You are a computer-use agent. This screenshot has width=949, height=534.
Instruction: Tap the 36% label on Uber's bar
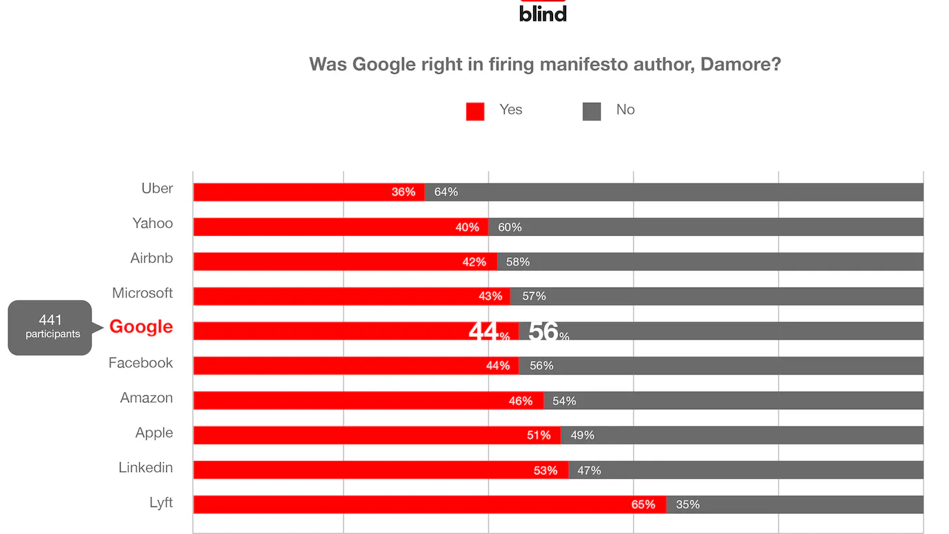(x=403, y=192)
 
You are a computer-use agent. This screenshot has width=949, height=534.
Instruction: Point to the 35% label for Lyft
(x=688, y=504)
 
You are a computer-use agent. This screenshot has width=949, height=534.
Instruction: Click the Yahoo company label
(x=152, y=224)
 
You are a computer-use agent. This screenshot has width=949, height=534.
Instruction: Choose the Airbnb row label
(x=152, y=259)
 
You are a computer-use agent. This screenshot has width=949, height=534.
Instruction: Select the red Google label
(x=141, y=327)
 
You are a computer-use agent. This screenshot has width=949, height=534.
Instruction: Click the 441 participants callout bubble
(x=50, y=327)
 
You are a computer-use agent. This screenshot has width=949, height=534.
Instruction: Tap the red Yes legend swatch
(x=475, y=111)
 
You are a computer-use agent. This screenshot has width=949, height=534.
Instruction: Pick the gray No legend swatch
(x=592, y=111)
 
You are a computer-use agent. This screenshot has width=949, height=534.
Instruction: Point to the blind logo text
(x=543, y=14)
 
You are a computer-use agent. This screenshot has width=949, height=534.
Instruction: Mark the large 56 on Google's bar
(x=543, y=332)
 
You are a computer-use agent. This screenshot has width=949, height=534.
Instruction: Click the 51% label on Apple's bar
(x=539, y=435)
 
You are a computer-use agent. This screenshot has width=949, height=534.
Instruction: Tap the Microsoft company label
(x=142, y=293)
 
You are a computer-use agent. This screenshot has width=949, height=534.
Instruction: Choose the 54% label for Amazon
(x=564, y=401)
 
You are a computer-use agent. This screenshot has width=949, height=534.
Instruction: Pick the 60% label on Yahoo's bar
(x=510, y=227)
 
